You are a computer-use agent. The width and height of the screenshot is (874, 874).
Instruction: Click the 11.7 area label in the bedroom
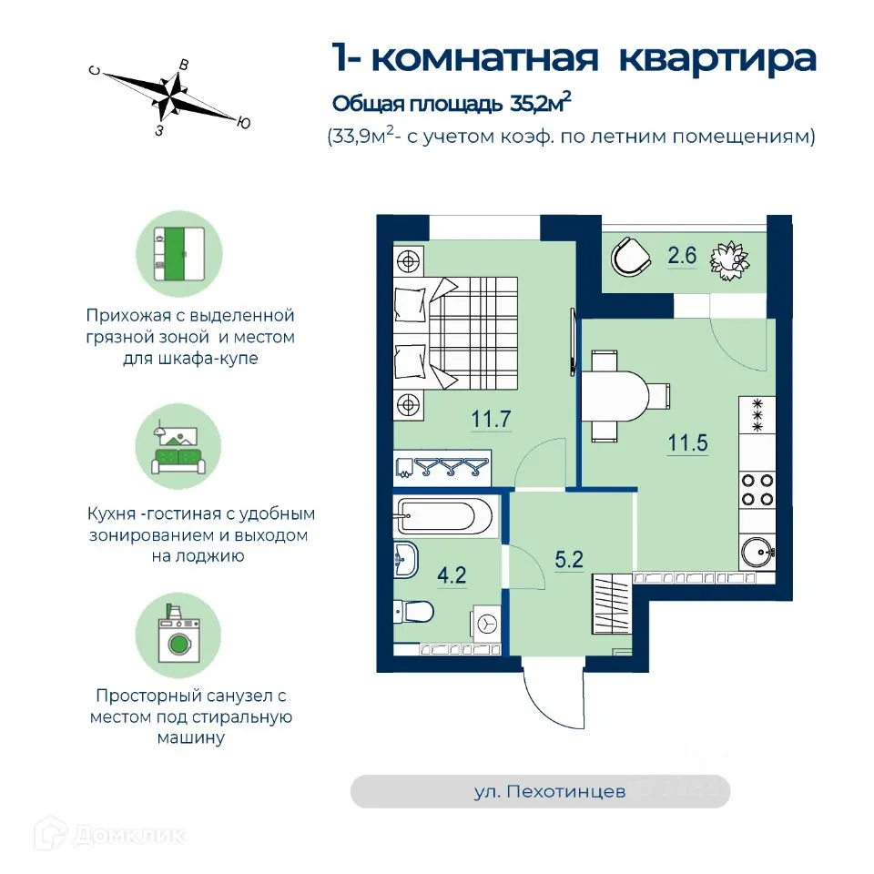(491, 419)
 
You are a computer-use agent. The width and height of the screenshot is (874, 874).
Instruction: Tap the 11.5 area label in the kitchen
(688, 443)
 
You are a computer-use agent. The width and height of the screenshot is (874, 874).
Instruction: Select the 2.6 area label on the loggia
(682, 255)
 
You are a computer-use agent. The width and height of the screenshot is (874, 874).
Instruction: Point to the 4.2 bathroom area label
(452, 574)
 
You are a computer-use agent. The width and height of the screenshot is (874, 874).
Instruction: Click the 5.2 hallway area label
(568, 559)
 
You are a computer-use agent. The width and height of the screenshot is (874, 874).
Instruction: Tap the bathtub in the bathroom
(443, 515)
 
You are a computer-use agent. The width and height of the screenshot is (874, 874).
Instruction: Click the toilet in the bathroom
(413, 612)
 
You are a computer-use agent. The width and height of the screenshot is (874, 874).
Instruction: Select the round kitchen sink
(757, 552)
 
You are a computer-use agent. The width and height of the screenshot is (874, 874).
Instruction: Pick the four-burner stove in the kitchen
(757, 490)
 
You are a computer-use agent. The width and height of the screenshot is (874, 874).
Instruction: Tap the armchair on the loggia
(630, 257)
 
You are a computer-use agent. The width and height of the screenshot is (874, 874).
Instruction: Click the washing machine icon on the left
(178, 635)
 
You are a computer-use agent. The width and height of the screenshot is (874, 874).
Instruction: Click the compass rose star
(169, 95)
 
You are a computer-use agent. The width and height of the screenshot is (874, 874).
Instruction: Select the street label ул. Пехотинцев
(550, 791)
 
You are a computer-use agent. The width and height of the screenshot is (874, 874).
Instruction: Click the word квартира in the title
(718, 59)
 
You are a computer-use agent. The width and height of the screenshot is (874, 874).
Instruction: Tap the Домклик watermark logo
(110, 835)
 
